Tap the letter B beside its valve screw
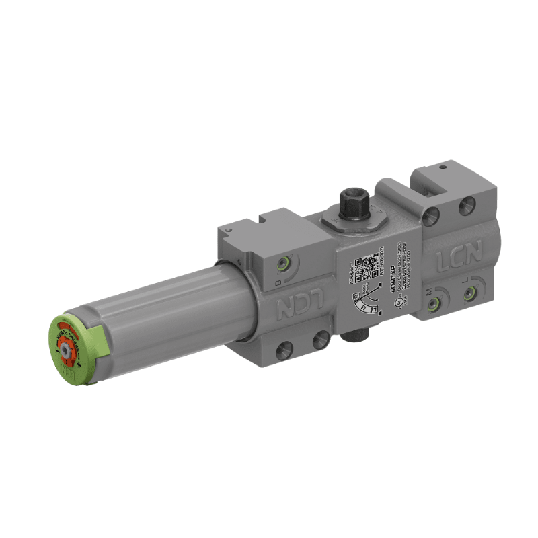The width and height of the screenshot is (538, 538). tap(278, 282)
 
